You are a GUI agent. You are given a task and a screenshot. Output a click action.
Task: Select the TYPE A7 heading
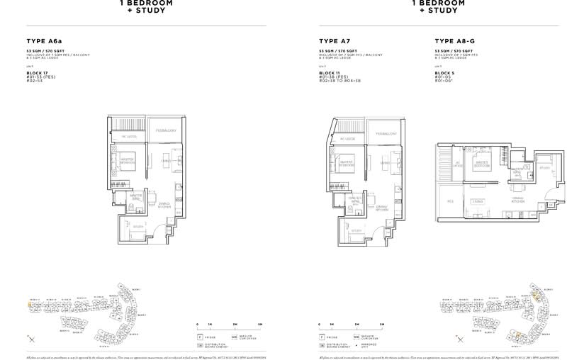334,42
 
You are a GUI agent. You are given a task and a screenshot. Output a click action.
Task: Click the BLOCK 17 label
38,73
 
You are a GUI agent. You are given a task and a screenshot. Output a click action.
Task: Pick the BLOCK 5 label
444,73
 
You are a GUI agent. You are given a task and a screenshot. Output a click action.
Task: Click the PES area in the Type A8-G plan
450,201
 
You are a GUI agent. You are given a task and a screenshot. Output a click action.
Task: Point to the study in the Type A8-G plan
544,169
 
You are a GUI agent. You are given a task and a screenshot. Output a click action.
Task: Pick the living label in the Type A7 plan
386,162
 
